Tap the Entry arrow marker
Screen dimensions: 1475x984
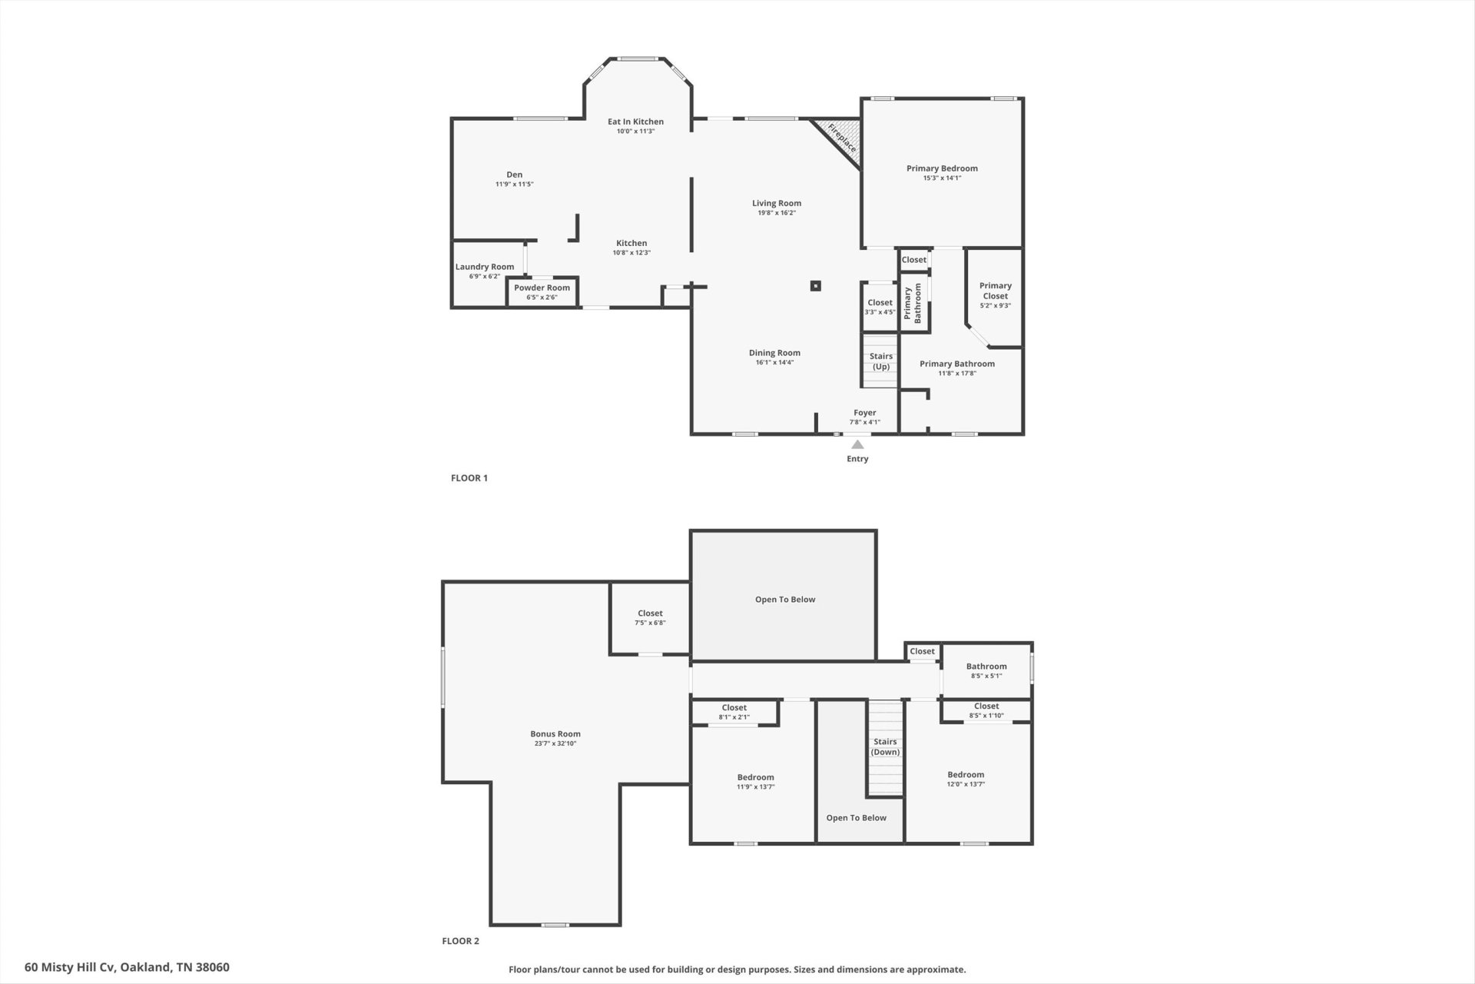tap(857, 444)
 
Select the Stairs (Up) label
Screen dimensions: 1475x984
tap(881, 361)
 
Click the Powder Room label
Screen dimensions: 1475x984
tap(542, 288)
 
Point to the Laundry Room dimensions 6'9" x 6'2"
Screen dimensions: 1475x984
tap(485, 276)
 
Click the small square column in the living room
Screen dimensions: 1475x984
tap(816, 286)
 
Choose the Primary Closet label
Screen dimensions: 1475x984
tap(996, 291)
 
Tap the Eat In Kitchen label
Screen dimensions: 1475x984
tap(635, 121)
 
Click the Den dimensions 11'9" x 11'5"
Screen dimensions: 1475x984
tap(514, 184)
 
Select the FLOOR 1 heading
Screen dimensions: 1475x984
tap(469, 478)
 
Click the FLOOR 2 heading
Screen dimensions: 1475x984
tap(460, 941)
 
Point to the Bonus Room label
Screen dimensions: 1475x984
tap(555, 734)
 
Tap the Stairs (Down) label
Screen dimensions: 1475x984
tap(885, 746)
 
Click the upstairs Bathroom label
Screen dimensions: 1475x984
tap(986, 667)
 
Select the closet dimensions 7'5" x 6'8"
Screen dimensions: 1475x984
tap(650, 623)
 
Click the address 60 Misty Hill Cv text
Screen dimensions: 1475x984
tap(71, 967)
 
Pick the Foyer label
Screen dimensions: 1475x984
tap(865, 413)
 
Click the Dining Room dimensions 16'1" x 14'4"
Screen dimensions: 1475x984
tap(774, 362)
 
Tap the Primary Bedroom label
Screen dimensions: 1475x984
tap(942, 168)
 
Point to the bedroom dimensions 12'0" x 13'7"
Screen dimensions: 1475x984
tap(966, 784)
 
